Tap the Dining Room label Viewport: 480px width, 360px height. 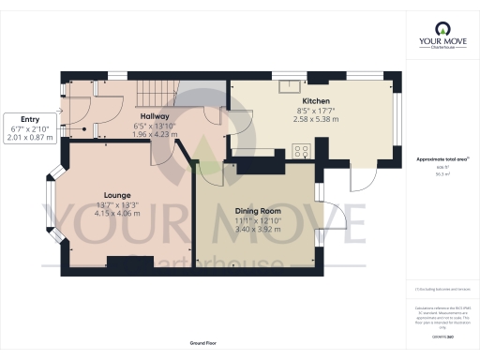click(257, 212)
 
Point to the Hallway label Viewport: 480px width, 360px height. click(156, 116)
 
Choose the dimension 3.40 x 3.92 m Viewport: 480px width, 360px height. click(257, 229)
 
